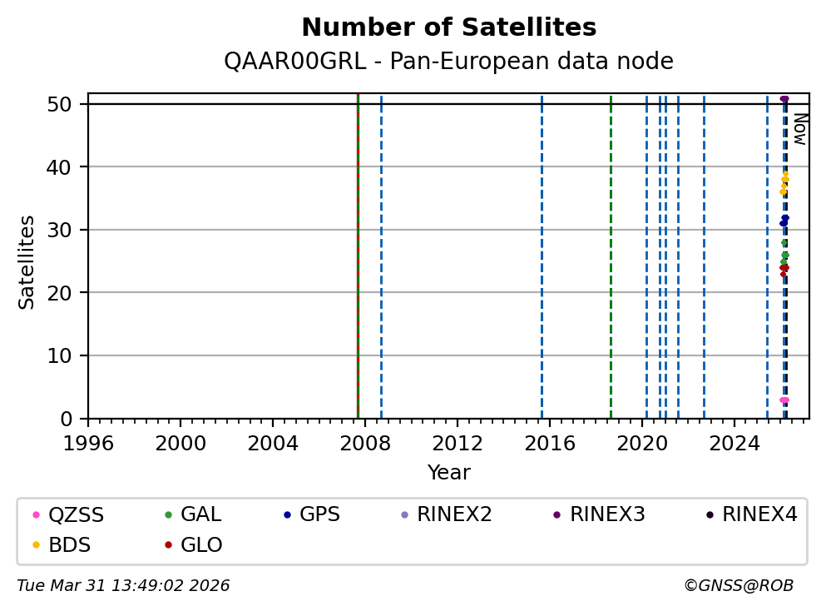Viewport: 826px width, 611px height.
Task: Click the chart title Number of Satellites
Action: click(448, 28)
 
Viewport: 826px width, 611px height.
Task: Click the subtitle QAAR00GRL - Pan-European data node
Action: click(448, 62)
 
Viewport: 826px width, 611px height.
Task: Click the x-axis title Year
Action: click(448, 474)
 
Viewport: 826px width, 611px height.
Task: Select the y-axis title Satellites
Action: click(27, 262)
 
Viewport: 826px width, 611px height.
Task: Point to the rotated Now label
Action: click(799, 129)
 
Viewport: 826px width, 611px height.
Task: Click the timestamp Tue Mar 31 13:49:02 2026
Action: click(123, 586)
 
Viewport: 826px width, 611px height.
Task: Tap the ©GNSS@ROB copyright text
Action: click(739, 586)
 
